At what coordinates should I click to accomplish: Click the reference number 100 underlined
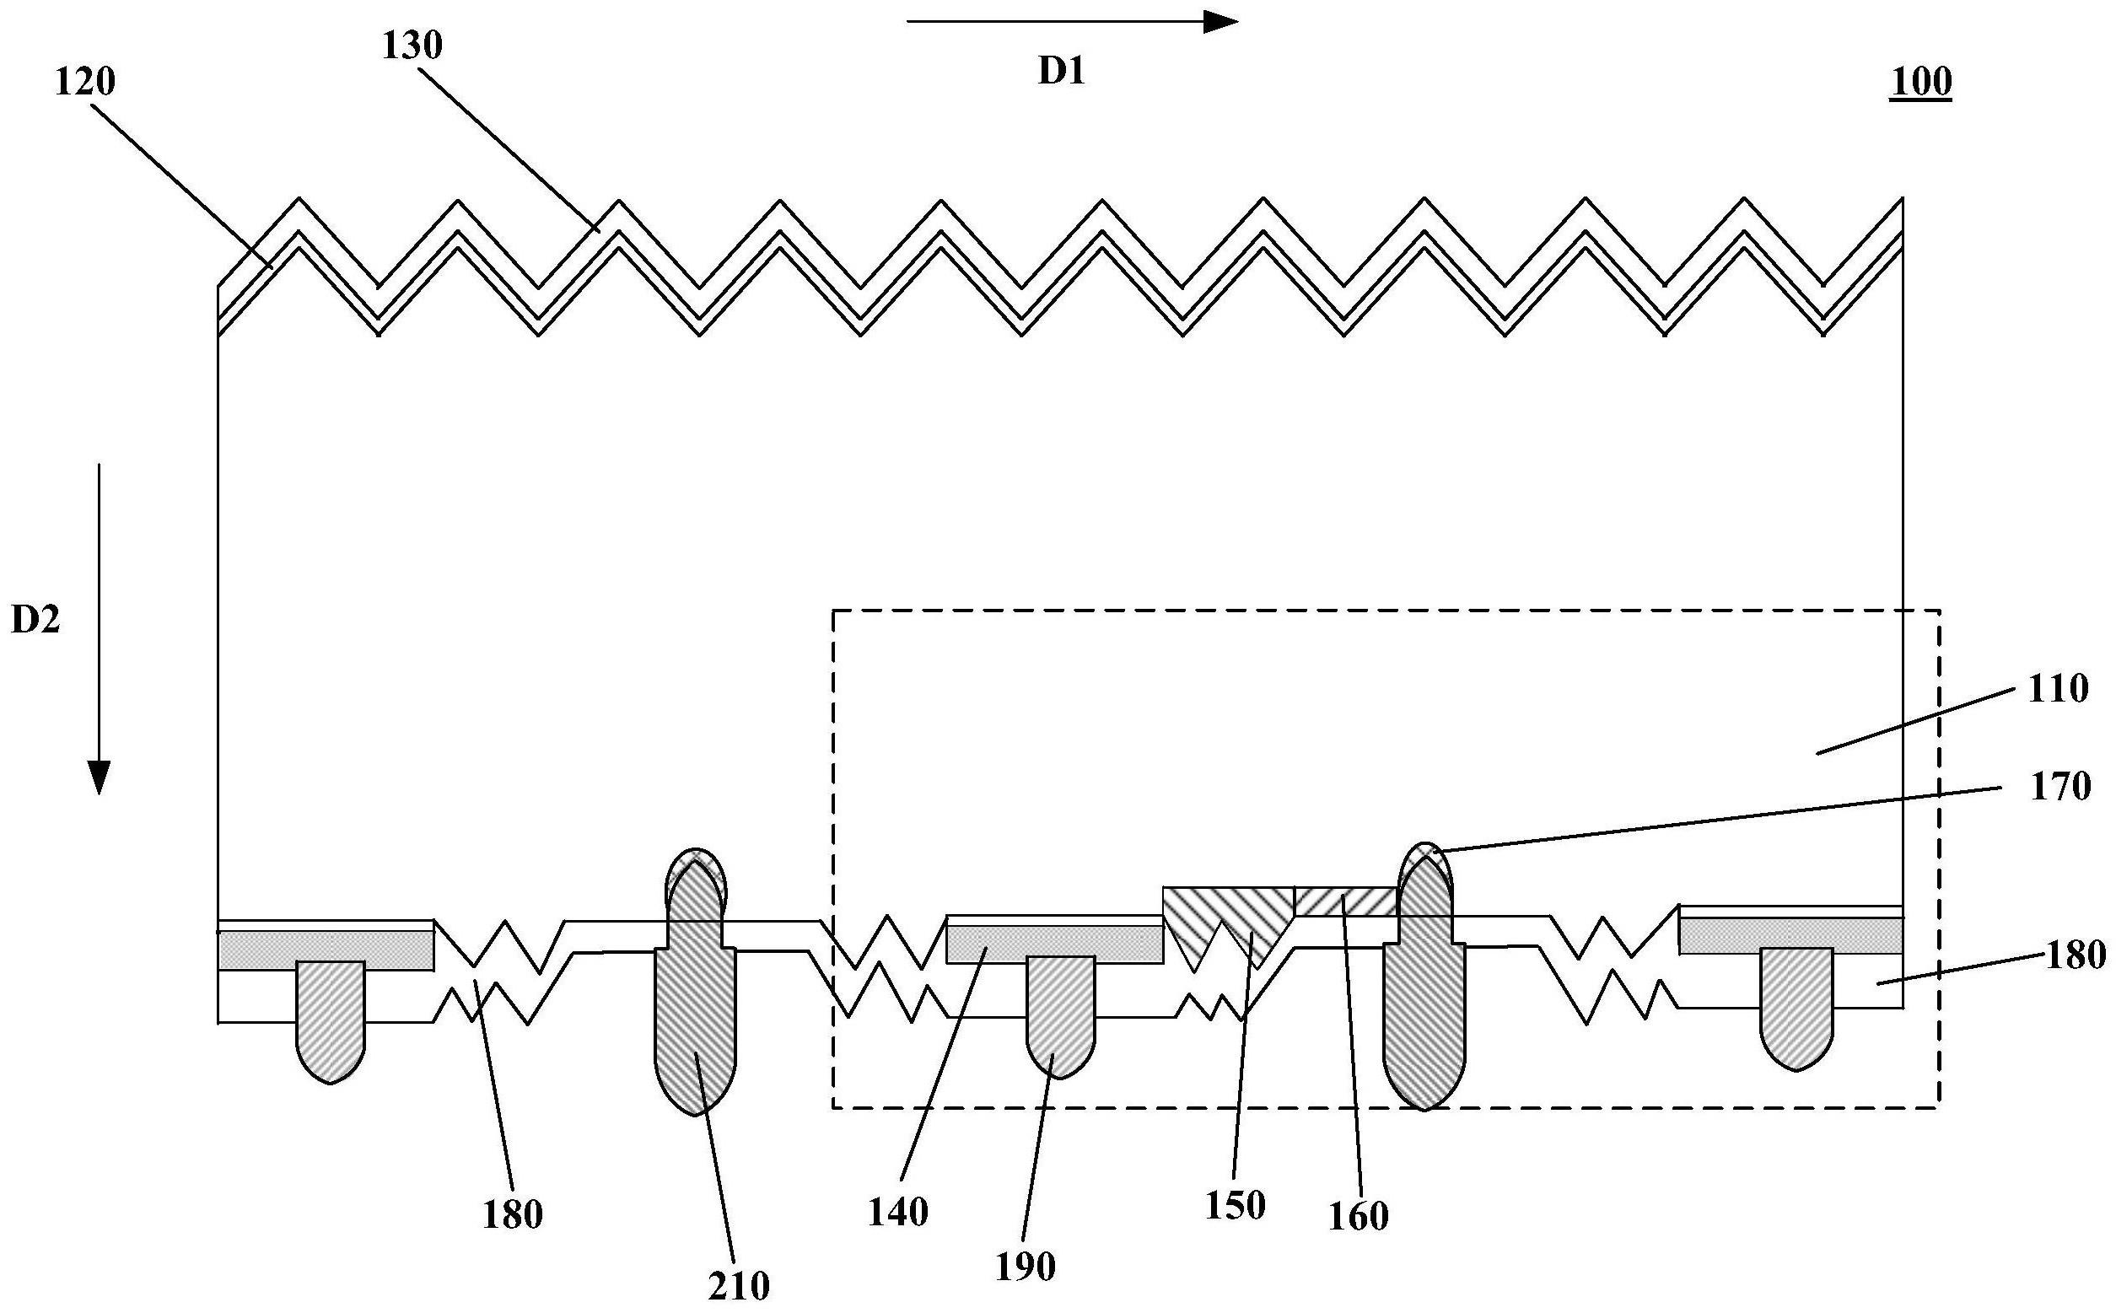pyautogui.click(x=1920, y=83)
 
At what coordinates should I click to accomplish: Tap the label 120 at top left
pyautogui.click(x=85, y=82)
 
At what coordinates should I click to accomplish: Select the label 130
pyautogui.click(x=412, y=46)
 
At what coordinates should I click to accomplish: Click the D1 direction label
pyautogui.click(x=1062, y=72)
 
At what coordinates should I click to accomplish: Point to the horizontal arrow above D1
pyautogui.click(x=1071, y=23)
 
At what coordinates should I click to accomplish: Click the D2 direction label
pyautogui.click(x=35, y=620)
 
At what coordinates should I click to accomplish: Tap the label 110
pyautogui.click(x=2057, y=689)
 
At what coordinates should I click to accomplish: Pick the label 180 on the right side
pyautogui.click(x=2076, y=955)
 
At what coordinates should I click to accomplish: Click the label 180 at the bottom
pyautogui.click(x=512, y=1214)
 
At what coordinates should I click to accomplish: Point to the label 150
pyautogui.click(x=1235, y=1205)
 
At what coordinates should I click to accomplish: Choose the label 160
pyautogui.click(x=1359, y=1217)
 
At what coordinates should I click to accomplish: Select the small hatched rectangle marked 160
pyautogui.click(x=1344, y=901)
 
